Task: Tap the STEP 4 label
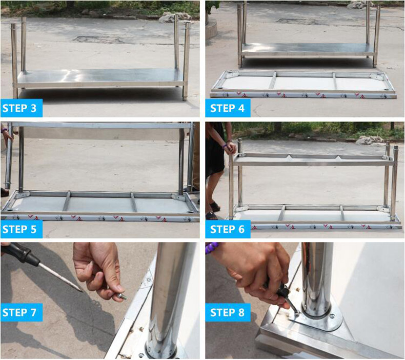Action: point(228,108)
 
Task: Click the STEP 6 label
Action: point(228,229)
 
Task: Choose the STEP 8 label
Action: point(228,312)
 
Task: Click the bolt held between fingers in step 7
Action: point(122,296)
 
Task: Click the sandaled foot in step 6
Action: point(214,206)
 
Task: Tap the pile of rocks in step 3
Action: point(175,17)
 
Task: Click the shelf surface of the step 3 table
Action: point(99,75)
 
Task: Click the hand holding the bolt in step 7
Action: point(98,271)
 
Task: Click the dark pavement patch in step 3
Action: point(98,39)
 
